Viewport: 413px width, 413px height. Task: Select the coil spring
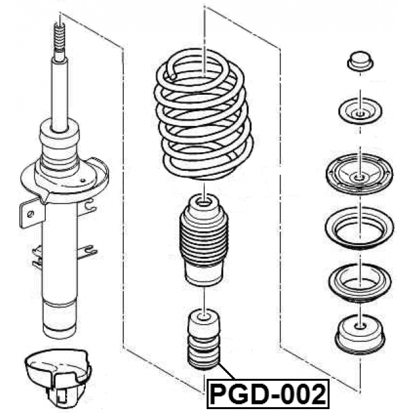coord(203,115)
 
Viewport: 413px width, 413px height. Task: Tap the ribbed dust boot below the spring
coord(204,240)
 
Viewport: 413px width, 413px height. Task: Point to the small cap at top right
coord(360,61)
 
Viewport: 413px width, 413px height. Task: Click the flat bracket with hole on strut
coord(32,212)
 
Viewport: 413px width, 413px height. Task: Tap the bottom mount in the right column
coord(360,334)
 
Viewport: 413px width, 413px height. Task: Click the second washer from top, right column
coord(360,111)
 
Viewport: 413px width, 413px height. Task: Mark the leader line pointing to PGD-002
coord(227,371)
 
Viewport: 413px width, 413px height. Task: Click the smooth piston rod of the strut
coord(60,95)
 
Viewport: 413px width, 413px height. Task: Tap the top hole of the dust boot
coord(204,203)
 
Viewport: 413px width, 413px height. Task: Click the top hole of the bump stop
coord(203,316)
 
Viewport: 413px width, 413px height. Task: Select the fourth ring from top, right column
coord(359,228)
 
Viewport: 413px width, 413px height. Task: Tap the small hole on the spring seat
coord(83,181)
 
